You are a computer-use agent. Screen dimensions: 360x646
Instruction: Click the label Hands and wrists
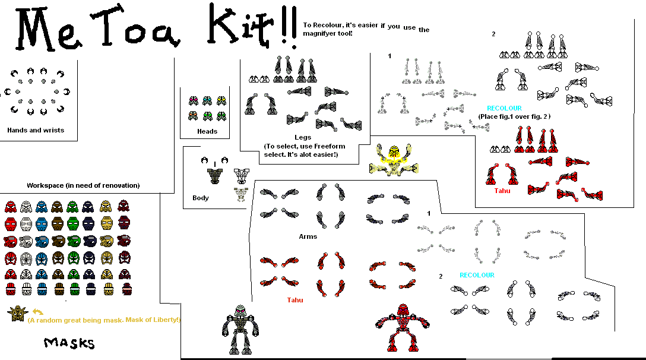(x=36, y=130)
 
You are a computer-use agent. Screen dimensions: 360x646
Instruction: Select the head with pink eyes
(x=194, y=101)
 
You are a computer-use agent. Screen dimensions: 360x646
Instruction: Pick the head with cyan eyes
(x=207, y=101)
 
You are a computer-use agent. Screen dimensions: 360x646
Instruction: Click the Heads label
(x=207, y=131)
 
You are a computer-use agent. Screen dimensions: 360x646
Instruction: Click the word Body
(x=201, y=198)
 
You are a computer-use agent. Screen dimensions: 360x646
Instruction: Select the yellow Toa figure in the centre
(x=392, y=160)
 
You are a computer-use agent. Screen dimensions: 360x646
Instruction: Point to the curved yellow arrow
(x=38, y=311)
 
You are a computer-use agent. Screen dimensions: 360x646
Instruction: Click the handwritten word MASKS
(x=69, y=343)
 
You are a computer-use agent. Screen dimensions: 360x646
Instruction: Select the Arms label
(x=308, y=236)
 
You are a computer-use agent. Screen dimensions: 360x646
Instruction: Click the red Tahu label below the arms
(x=294, y=300)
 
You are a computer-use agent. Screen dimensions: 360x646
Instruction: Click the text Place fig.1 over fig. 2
(x=514, y=116)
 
